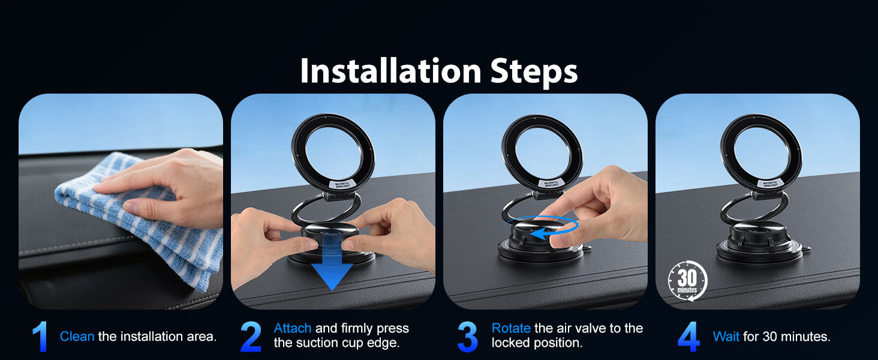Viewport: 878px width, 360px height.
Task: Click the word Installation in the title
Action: pyautogui.click(x=390, y=71)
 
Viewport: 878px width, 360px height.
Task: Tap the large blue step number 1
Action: pyautogui.click(x=40, y=337)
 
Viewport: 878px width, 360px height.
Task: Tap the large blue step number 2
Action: pyautogui.click(x=251, y=337)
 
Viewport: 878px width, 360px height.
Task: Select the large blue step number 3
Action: pyautogui.click(x=468, y=337)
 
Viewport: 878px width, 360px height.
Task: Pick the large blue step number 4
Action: pyautogui.click(x=688, y=337)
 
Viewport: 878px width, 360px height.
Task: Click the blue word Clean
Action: pyautogui.click(x=77, y=336)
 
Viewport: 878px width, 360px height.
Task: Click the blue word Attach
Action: pyautogui.click(x=293, y=328)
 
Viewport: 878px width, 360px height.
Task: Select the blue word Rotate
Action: pyautogui.click(x=511, y=328)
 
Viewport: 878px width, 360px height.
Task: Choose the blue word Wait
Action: pyautogui.click(x=726, y=336)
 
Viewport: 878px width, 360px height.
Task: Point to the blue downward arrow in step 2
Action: pyautogui.click(x=332, y=263)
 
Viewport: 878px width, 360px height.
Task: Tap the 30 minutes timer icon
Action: pyautogui.click(x=687, y=281)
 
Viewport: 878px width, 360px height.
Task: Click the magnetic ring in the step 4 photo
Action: pyautogui.click(x=761, y=153)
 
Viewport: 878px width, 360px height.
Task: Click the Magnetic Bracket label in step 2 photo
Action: pyautogui.click(x=342, y=184)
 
